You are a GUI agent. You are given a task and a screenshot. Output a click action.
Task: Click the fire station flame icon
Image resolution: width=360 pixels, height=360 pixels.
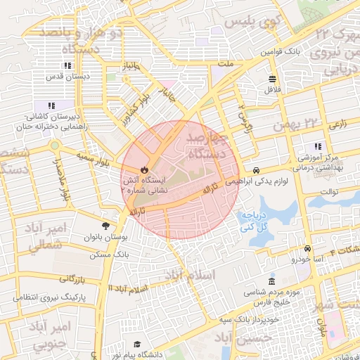click(x=144, y=170)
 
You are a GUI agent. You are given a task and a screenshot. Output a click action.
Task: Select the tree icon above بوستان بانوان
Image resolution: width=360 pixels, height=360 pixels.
click(x=105, y=226)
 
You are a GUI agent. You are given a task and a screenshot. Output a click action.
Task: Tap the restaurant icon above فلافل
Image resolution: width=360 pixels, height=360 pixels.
click(x=272, y=78)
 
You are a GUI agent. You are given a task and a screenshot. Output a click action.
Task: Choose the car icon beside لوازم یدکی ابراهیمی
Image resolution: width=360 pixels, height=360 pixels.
click(x=257, y=170)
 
